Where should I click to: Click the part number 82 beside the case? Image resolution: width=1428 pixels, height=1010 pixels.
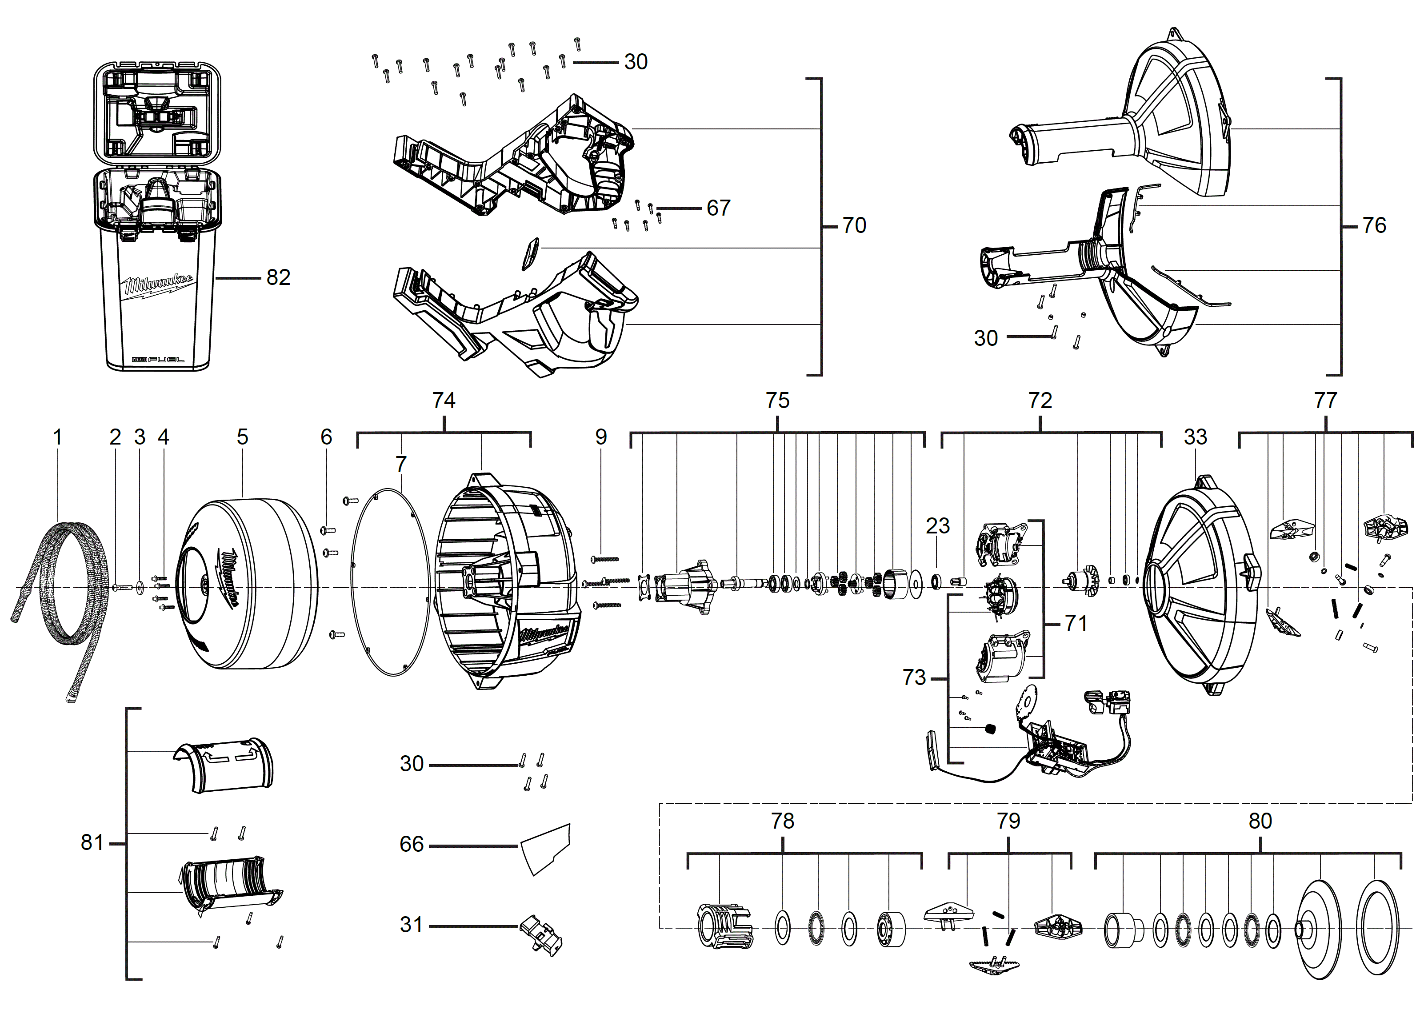278,277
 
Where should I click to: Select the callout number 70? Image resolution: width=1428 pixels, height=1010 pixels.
854,225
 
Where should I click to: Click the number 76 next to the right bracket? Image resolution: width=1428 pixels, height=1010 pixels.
1374,225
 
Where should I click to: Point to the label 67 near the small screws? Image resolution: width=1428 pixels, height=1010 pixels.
718,208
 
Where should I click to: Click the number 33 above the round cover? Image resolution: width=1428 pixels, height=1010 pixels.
1195,437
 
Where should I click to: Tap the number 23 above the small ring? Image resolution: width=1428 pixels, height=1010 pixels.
937,526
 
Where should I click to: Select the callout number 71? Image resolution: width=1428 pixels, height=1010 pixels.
1076,623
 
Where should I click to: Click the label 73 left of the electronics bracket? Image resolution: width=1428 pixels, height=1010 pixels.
914,678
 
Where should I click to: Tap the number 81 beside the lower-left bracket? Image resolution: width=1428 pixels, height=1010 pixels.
92,843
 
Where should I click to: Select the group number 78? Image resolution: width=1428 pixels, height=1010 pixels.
782,822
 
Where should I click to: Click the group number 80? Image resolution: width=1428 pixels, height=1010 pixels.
1260,822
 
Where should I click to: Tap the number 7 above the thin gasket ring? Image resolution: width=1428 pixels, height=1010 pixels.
401,465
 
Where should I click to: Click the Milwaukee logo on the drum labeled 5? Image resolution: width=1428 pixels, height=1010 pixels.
228,578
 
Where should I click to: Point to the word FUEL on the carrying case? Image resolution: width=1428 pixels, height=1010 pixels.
166,360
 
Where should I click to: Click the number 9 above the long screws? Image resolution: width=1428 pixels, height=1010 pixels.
601,437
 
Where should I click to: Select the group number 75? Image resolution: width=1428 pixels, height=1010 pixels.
777,401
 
